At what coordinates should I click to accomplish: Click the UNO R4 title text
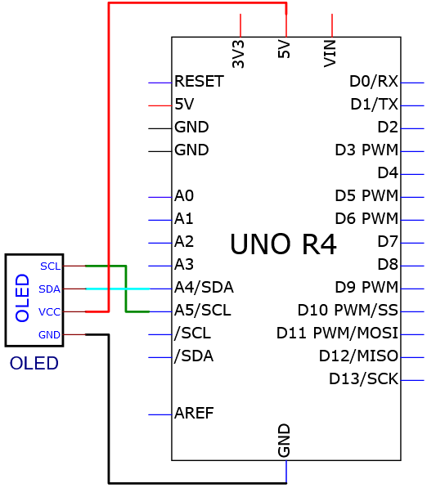[283, 244]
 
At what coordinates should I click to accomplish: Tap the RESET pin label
[199, 81]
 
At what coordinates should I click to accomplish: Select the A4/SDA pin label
[204, 287]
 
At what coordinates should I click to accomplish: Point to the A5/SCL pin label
[203, 310]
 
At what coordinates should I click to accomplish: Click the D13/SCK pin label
[364, 378]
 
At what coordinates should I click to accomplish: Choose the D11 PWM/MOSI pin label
[338, 333]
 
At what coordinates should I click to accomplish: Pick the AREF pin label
[194, 413]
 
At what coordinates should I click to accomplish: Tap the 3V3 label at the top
[238, 54]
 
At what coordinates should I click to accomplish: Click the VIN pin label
[330, 53]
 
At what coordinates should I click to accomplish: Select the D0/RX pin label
[374, 81]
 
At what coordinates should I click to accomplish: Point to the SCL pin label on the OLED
[50, 266]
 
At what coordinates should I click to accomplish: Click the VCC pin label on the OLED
[49, 312]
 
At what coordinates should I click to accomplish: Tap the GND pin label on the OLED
[49, 335]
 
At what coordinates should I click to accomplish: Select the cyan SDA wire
[118, 289]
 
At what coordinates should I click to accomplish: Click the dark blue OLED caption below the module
[34, 363]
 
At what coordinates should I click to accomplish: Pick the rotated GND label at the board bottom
[284, 441]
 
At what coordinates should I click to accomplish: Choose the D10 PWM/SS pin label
[348, 310]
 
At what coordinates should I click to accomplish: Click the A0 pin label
[184, 195]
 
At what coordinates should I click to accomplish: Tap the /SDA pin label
[194, 356]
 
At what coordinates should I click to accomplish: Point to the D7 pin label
[388, 241]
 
